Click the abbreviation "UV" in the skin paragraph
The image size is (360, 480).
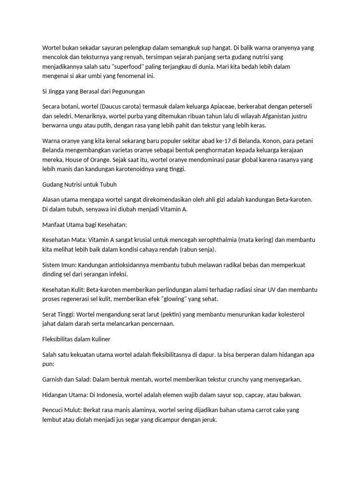click(x=274, y=289)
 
